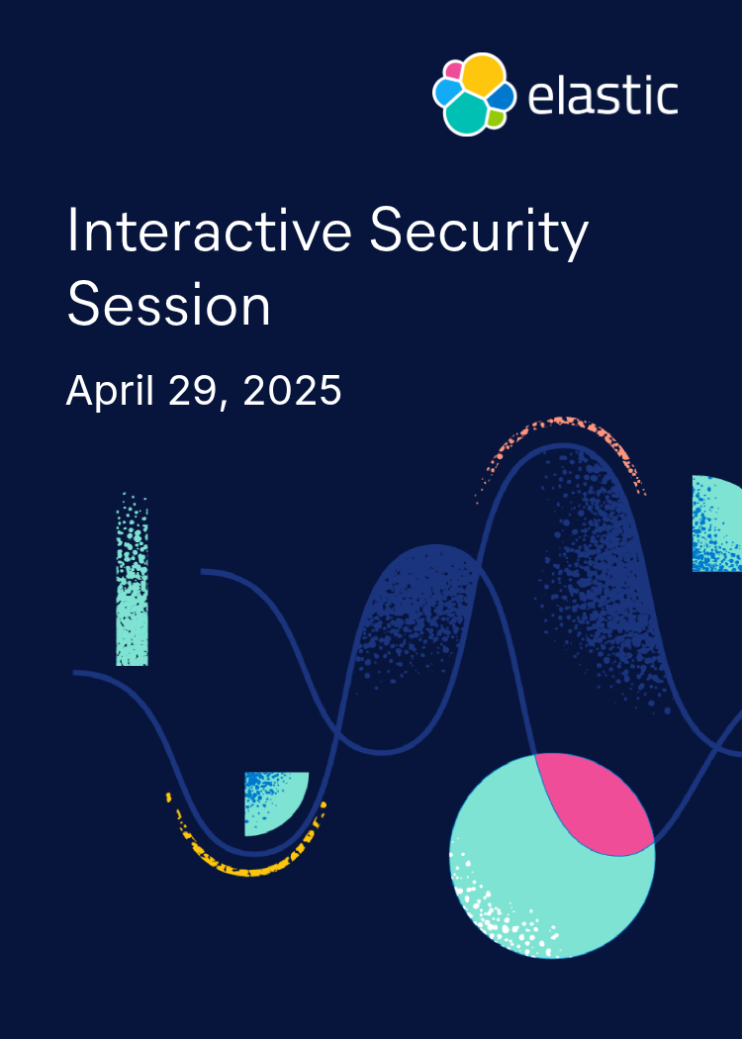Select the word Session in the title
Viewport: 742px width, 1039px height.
[168, 306]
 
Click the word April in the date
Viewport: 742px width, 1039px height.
[108, 392]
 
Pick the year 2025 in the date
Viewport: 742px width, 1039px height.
[292, 391]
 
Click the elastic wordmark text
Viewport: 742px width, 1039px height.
[603, 97]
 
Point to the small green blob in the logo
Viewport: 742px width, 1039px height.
[497, 118]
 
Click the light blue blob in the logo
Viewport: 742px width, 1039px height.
[447, 92]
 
